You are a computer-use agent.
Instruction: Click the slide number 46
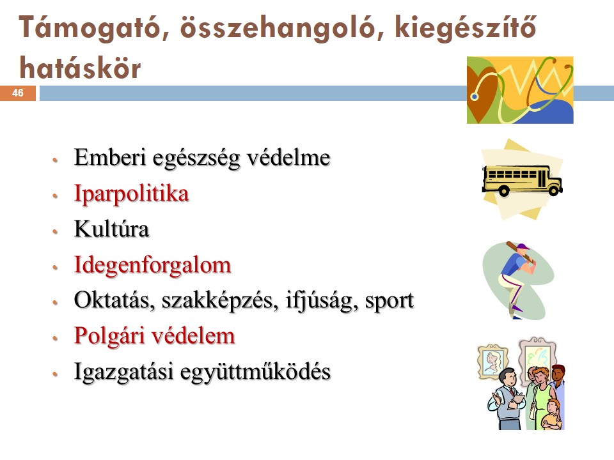pos(18,93)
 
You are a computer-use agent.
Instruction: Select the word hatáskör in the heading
pos(80,68)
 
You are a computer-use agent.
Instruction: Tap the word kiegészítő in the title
pos(465,28)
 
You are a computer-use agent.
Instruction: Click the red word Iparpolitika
pos(132,194)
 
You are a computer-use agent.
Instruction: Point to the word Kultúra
pos(111,229)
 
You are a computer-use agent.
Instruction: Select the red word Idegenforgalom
pos(153,265)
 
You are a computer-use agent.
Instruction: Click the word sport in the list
pos(390,301)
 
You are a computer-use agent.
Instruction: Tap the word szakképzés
pos(220,300)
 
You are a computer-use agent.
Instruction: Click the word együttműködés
pos(255,372)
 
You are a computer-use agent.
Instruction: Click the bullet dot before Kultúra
pos(55,231)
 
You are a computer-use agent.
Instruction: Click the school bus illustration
pos(522,180)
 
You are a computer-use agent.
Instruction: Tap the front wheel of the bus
pos(554,190)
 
